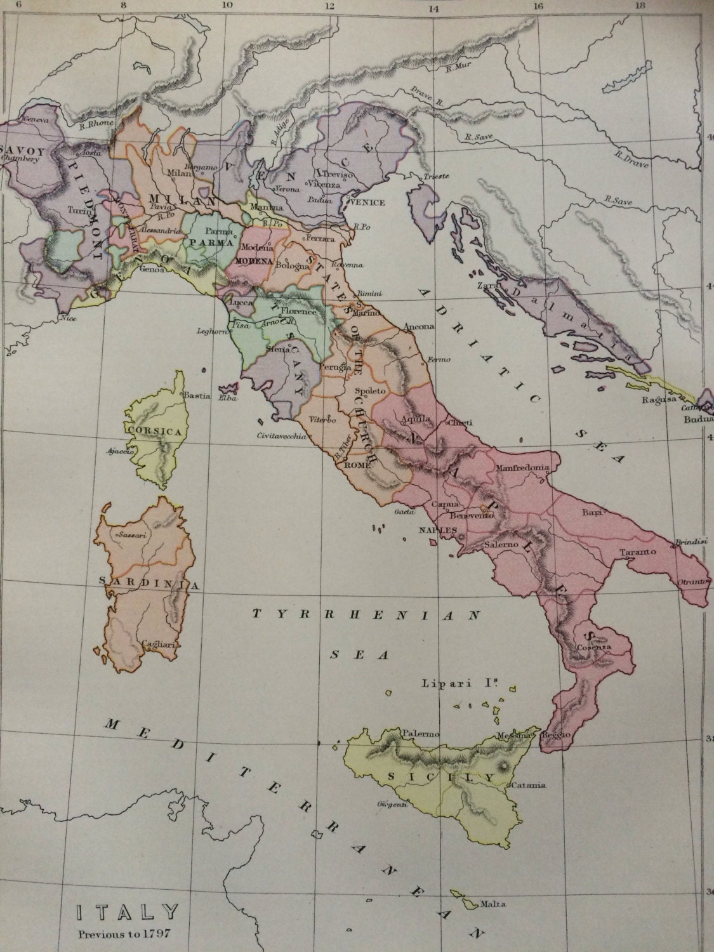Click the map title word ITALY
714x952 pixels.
coord(127,912)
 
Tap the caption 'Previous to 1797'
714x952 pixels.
coord(126,934)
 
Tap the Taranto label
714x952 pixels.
coord(639,551)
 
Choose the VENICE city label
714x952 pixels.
coord(367,202)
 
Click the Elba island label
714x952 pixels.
coord(227,399)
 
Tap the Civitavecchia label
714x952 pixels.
coord(281,436)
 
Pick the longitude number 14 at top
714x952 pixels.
coord(433,10)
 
